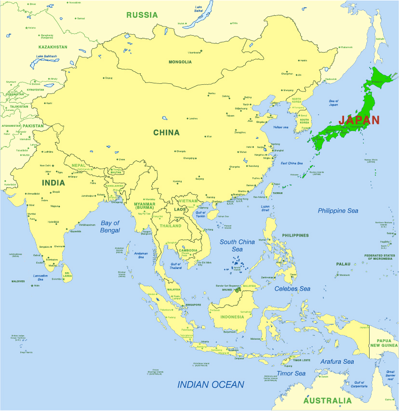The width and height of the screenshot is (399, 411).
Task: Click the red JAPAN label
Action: tap(359, 120)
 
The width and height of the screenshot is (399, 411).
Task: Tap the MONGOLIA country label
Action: tap(180, 62)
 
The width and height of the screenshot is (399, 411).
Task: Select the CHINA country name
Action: tap(166, 133)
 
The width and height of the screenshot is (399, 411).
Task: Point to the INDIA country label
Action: tap(53, 183)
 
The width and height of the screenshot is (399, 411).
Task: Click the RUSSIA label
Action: tap(142, 15)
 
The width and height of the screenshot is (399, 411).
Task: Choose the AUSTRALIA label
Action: tap(328, 401)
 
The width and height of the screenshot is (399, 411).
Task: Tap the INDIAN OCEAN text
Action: tap(211, 384)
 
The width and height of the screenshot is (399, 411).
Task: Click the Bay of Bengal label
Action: tap(110, 226)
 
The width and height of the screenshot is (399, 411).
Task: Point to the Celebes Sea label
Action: tap(293, 289)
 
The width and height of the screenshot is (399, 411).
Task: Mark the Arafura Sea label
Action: tap(337, 361)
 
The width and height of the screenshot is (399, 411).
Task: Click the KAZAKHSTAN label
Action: tap(53, 47)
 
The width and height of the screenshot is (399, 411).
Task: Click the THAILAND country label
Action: tap(171, 226)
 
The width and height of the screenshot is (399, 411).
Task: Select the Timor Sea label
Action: tap(291, 373)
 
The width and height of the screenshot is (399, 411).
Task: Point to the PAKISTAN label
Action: tap(33, 126)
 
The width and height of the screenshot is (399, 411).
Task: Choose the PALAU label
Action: tap(344, 264)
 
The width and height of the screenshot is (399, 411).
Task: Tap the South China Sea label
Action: tap(237, 245)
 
